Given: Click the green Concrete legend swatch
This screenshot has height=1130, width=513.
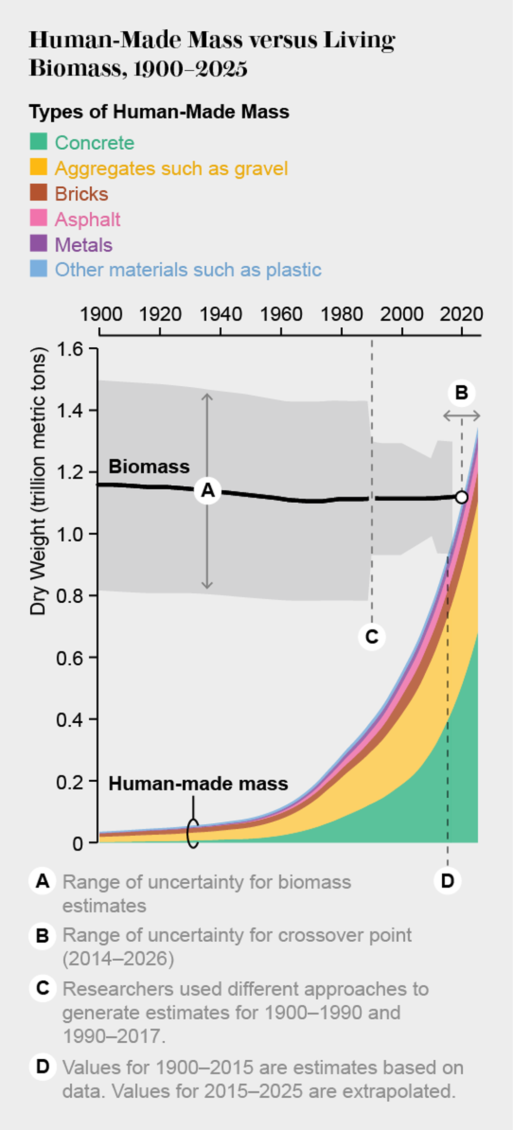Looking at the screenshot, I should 38,142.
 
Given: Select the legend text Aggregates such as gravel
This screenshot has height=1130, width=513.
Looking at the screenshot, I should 171,168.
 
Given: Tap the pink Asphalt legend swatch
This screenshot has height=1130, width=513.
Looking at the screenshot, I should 38,218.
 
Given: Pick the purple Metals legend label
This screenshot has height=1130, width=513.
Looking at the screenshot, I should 84,245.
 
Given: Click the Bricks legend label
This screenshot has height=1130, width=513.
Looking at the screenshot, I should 82,194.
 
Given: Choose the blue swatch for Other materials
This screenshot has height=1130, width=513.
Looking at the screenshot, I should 38,269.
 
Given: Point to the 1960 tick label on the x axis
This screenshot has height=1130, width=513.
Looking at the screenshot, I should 281,314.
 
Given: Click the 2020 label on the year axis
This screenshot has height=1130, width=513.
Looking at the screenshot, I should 461,314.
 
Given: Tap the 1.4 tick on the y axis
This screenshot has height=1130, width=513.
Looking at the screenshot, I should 69,410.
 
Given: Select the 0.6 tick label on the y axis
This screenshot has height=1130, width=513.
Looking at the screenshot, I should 69,658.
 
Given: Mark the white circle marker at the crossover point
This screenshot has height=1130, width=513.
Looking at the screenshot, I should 462,497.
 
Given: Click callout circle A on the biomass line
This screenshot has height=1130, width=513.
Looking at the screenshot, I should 207,490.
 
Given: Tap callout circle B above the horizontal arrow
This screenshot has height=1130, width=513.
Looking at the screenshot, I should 461,393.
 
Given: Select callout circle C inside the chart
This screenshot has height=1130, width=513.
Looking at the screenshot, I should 371,637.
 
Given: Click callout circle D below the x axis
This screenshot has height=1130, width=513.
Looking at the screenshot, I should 447,881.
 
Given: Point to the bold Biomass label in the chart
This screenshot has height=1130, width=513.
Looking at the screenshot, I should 149,466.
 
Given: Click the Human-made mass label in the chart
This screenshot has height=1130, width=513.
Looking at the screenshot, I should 198,783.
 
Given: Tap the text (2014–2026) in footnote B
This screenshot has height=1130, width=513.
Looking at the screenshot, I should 119,958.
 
